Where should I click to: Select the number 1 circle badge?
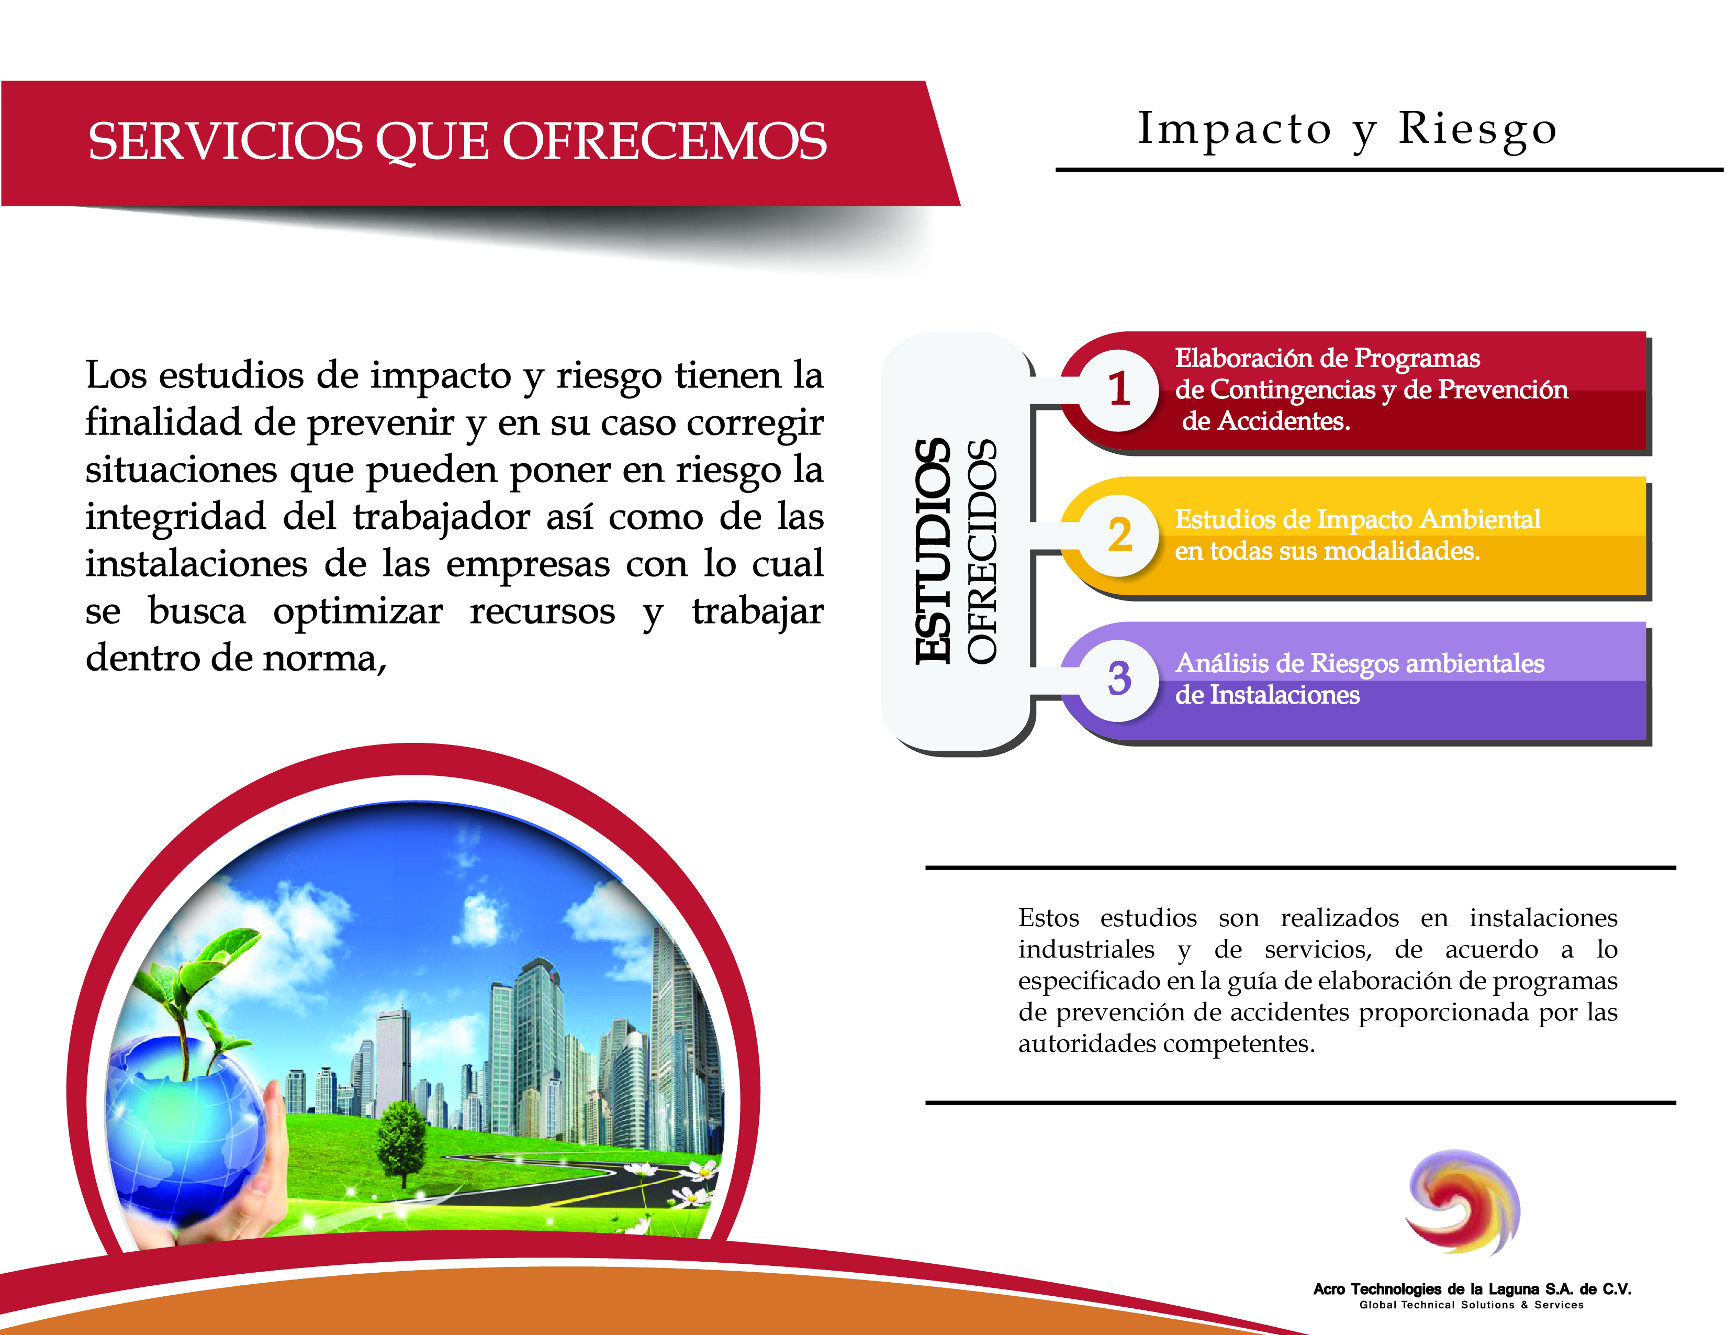(1118, 390)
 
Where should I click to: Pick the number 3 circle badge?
(1118, 680)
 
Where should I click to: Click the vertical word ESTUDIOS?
(933, 551)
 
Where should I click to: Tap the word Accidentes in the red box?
(1283, 421)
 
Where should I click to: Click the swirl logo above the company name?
(1463, 1202)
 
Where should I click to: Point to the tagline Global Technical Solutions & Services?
(1472, 1305)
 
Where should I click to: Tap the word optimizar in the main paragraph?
(358, 611)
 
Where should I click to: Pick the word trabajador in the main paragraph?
(441, 518)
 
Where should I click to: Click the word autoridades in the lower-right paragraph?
(1087, 1044)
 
